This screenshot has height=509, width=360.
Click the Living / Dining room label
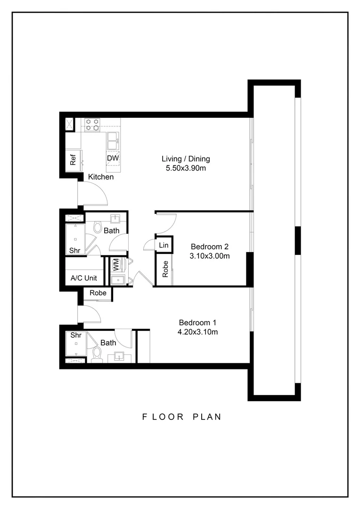point(186,159)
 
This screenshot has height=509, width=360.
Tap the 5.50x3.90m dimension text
point(186,168)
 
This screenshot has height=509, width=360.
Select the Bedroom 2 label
point(210,246)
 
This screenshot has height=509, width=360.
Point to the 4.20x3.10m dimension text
point(198,332)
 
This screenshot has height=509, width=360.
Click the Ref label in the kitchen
point(73,160)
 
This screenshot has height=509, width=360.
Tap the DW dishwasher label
point(113,158)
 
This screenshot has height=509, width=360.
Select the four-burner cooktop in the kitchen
point(92,124)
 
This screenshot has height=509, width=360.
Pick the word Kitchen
point(101,177)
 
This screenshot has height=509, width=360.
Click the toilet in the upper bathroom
point(98,228)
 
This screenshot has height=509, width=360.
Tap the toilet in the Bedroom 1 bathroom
point(98,353)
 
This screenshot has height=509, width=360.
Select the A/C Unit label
point(83,278)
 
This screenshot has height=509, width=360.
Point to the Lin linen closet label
point(164,246)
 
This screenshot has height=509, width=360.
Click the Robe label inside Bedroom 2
point(165,269)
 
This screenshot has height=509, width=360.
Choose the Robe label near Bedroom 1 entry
point(98,293)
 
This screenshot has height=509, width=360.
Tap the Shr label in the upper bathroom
point(74,251)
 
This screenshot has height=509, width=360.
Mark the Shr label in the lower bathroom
point(76,336)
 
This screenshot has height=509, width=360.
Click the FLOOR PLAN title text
point(181,417)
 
